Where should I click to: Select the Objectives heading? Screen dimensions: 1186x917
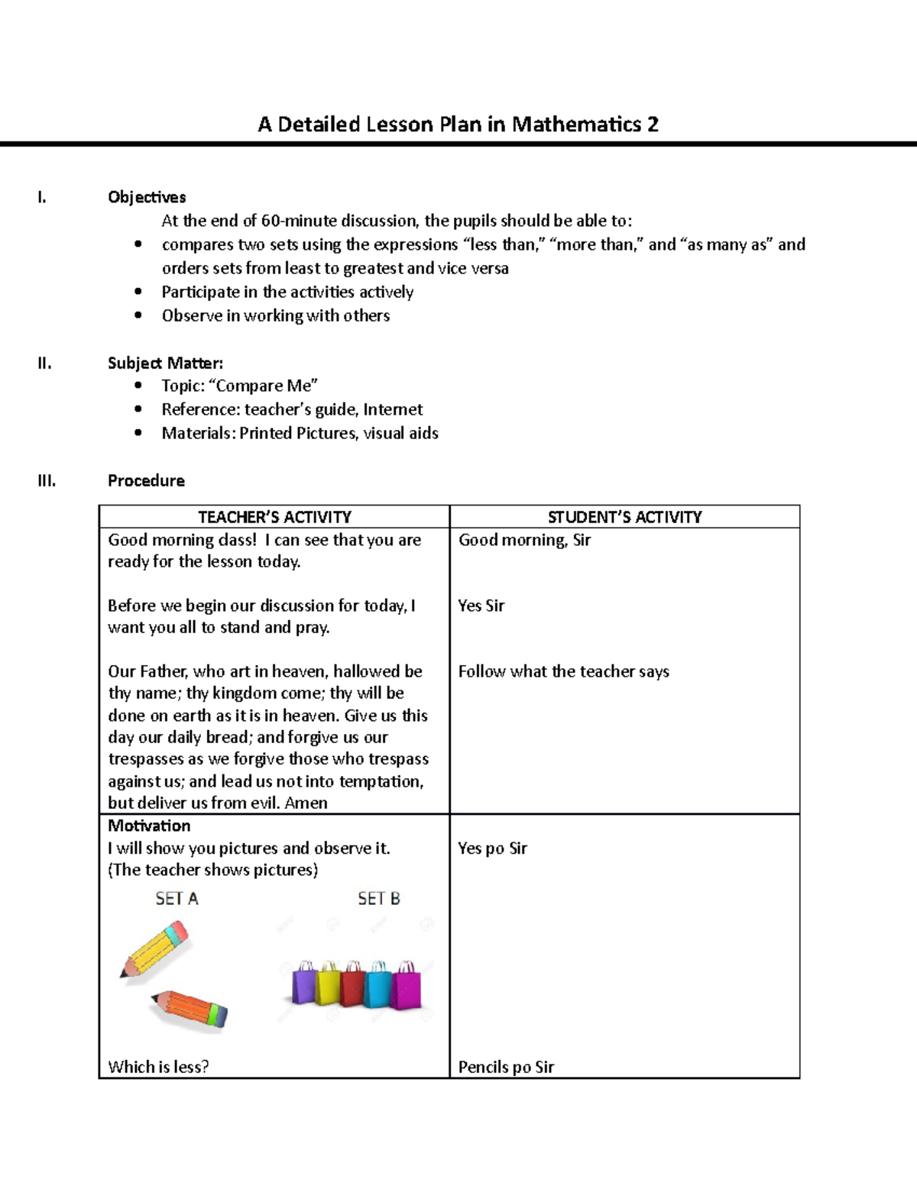[x=147, y=197]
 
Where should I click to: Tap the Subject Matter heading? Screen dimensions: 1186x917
[x=165, y=363]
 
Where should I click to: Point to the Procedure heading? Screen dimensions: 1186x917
[x=146, y=480]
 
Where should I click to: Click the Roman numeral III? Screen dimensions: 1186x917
[x=47, y=480]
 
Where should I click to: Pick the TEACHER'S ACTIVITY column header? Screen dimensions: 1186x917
[x=274, y=517]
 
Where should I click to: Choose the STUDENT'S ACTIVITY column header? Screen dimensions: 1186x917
[x=624, y=517]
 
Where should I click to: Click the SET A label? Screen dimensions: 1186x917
[x=177, y=899]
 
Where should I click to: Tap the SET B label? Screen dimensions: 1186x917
[x=379, y=899]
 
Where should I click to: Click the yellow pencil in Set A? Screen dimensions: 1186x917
[x=155, y=949]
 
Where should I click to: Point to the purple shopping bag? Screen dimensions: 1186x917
[x=306, y=985]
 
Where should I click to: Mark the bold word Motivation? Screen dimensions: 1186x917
[x=149, y=826]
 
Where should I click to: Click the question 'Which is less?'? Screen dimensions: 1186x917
[x=158, y=1067]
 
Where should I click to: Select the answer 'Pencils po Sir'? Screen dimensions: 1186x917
[x=506, y=1067]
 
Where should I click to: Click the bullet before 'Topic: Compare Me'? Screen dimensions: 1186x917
[x=138, y=386]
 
